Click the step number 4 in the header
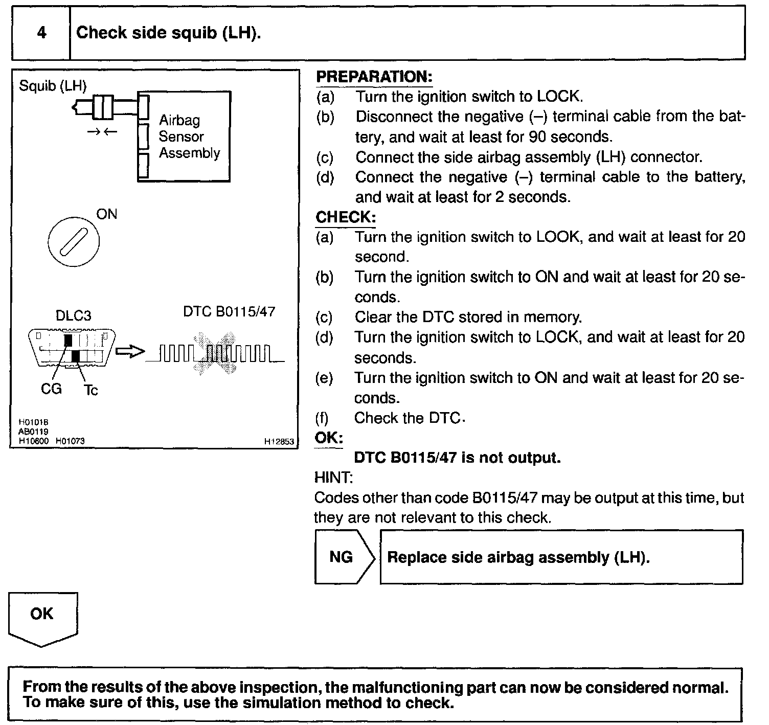click(x=42, y=33)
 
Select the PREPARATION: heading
click(x=374, y=77)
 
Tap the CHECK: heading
click(x=346, y=217)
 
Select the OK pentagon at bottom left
click(x=42, y=620)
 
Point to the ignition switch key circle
click(x=74, y=242)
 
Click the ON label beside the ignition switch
click(x=106, y=214)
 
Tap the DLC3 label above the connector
click(x=74, y=315)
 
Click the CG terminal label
click(x=51, y=389)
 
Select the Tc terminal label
click(x=91, y=390)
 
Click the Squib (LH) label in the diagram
click(x=53, y=85)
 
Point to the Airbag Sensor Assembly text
click(x=189, y=137)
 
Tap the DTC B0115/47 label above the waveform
click(x=229, y=311)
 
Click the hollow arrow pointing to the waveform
click(x=130, y=351)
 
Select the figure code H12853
click(x=279, y=442)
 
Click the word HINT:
click(x=333, y=478)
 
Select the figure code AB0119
click(x=33, y=432)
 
